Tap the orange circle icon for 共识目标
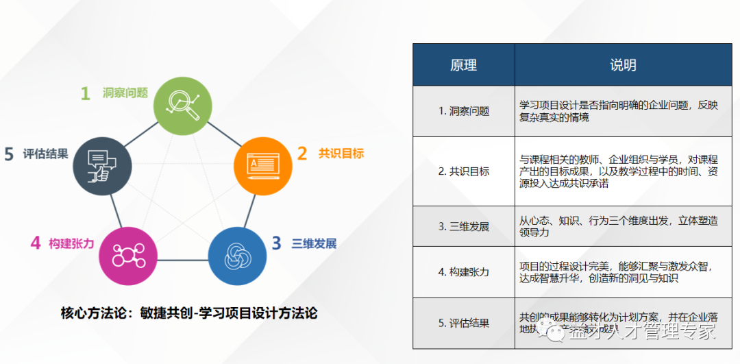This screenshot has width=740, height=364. click(263, 165)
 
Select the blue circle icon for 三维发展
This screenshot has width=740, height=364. click(237, 256)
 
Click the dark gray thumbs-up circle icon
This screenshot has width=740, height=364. click(101, 165)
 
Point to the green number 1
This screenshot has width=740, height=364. click(86, 94)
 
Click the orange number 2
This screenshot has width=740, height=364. click(302, 154)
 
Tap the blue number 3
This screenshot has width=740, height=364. click(276, 243)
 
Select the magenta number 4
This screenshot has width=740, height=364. click(36, 243)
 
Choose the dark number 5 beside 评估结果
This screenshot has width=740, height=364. click(9, 154)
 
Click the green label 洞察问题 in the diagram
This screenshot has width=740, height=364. click(125, 93)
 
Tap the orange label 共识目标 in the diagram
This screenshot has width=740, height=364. click(341, 154)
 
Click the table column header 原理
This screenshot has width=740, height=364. click(463, 65)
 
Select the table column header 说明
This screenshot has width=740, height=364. click(623, 65)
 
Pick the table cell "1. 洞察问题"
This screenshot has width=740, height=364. click(463, 111)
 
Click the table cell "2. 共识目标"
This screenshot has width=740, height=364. click(463, 171)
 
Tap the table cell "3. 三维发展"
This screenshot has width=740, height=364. click(463, 227)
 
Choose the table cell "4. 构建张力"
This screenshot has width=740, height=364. click(463, 272)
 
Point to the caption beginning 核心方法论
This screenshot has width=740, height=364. click(189, 313)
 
